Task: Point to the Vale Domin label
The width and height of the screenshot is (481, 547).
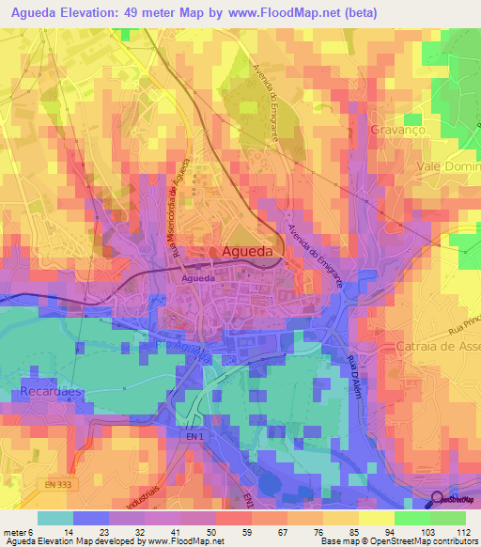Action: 448,165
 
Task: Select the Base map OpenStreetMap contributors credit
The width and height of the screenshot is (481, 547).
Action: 397,541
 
